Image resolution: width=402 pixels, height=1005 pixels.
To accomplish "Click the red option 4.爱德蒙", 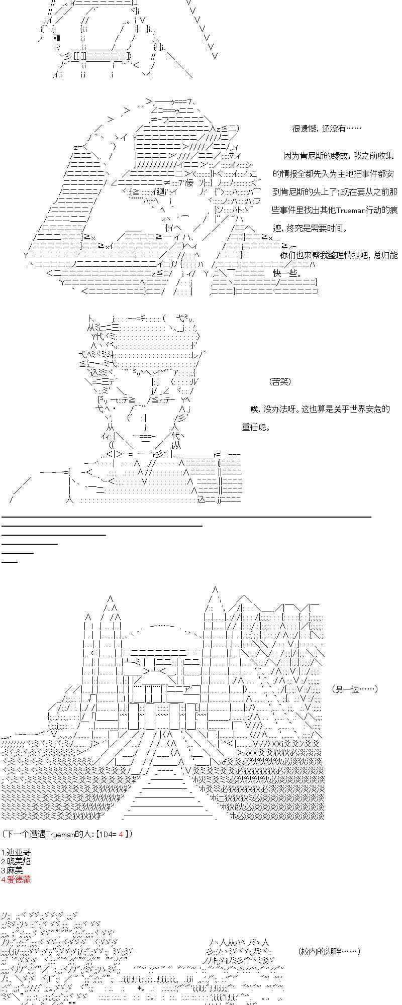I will (x=16, y=880).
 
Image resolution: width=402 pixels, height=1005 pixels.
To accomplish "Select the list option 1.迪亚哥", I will (x=16, y=852).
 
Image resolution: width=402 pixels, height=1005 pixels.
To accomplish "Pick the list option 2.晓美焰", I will (x=16, y=861).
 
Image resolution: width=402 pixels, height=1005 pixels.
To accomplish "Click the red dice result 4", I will (x=121, y=834).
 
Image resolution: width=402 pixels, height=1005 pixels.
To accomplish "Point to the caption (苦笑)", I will (x=280, y=382).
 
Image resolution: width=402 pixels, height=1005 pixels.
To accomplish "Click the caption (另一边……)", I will (x=355, y=689).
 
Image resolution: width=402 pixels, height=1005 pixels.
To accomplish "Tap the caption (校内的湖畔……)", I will (x=329, y=951).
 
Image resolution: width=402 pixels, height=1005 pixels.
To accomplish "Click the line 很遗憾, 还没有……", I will (x=327, y=129).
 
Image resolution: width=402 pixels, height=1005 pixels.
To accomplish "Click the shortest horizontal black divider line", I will (x=10, y=561).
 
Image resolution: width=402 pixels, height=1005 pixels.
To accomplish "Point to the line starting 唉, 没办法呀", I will (x=320, y=409).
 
